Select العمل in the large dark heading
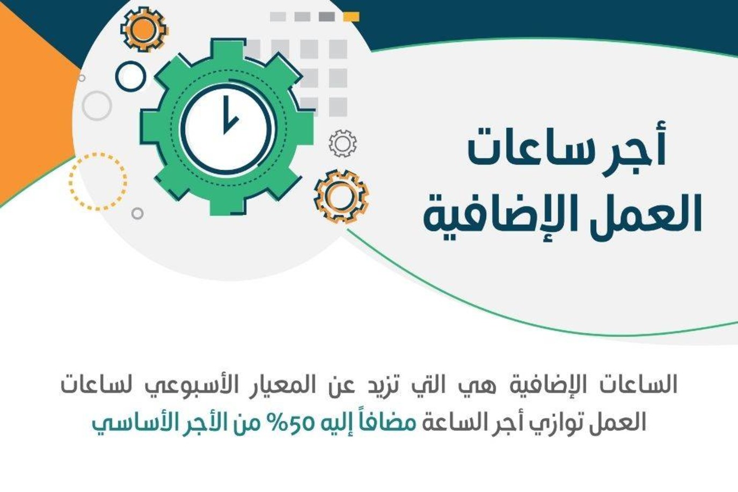[x=641, y=215]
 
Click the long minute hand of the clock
[x=225, y=110]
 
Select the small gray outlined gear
[x=342, y=143]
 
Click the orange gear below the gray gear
[x=341, y=196]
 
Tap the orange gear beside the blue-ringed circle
[x=144, y=29]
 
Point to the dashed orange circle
[x=98, y=182]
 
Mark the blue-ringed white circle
[x=130, y=76]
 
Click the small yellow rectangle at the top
[x=351, y=17]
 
